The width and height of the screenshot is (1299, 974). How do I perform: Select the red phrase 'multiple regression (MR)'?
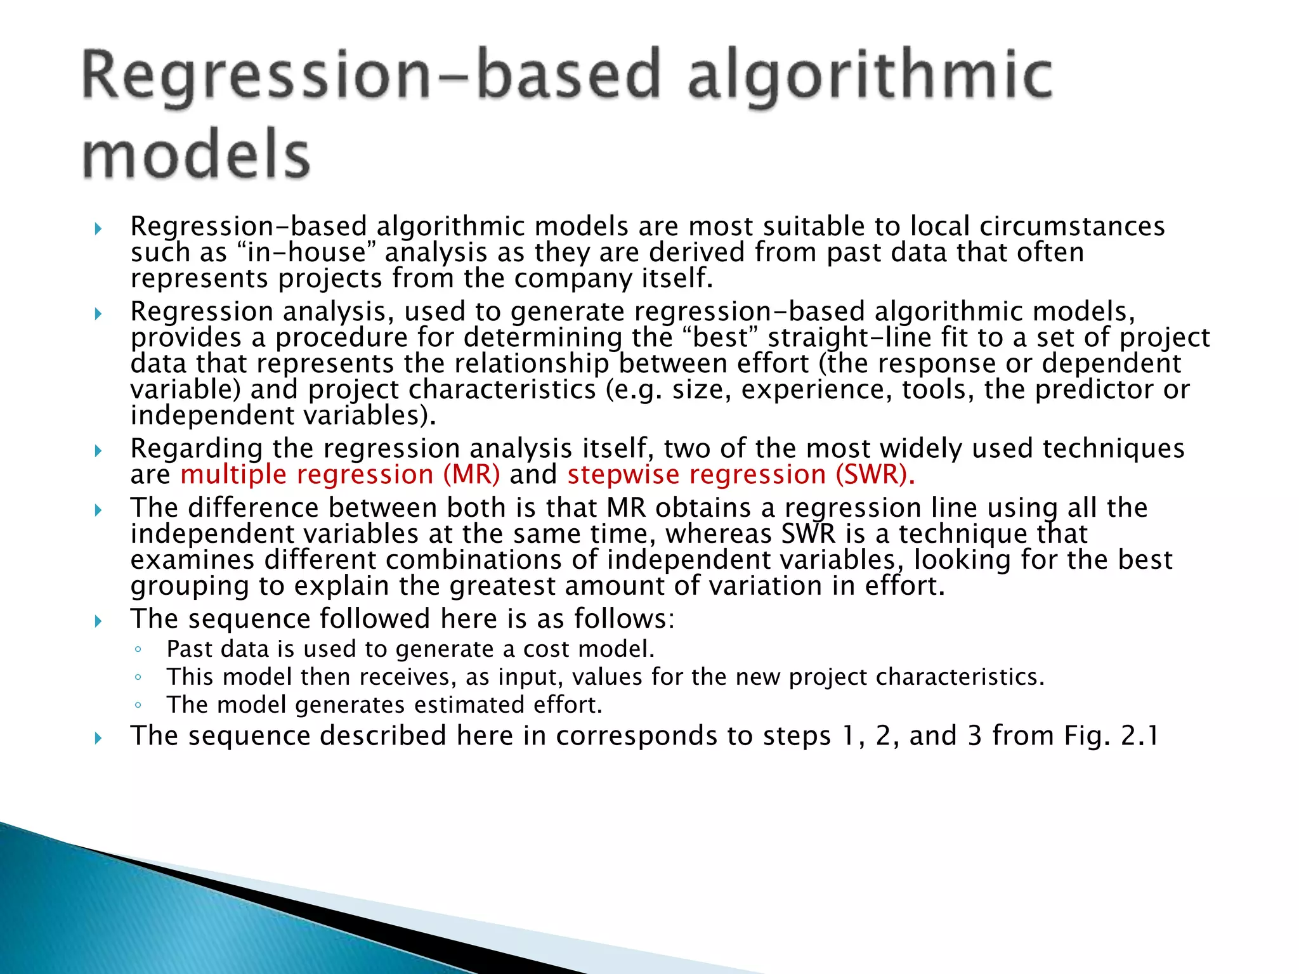[340, 475]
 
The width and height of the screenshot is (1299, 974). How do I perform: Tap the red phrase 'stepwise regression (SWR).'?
[741, 475]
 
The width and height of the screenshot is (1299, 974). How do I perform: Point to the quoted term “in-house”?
[306, 252]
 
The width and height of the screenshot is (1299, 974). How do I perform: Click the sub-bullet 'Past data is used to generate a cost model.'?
[410, 649]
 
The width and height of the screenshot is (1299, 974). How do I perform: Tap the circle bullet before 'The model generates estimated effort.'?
[138, 705]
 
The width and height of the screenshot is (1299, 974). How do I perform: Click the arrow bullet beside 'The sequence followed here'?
[98, 621]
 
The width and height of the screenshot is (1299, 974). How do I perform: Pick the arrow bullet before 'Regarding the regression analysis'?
[98, 451]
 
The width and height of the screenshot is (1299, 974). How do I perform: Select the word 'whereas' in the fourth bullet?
[718, 534]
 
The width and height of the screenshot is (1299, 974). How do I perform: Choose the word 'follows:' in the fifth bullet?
[624, 619]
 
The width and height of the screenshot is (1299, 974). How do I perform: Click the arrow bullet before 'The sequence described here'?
[98, 737]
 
